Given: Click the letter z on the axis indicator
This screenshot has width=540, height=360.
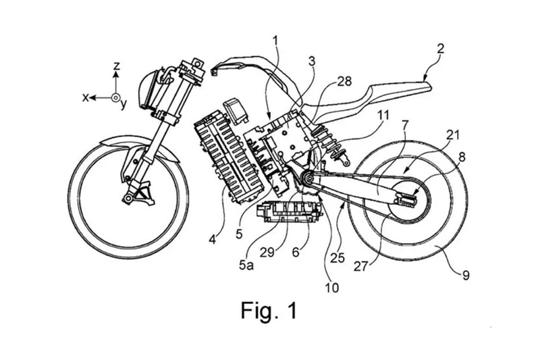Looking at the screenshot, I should pyautogui.click(x=117, y=66).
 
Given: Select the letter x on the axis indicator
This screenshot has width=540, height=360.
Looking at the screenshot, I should pyautogui.click(x=86, y=98).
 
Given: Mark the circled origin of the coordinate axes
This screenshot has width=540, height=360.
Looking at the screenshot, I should pyautogui.click(x=116, y=99).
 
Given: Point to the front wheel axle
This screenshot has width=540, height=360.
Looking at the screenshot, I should pyautogui.click(x=126, y=197).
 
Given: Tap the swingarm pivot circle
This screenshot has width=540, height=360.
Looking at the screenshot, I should pyautogui.click(x=306, y=178).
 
